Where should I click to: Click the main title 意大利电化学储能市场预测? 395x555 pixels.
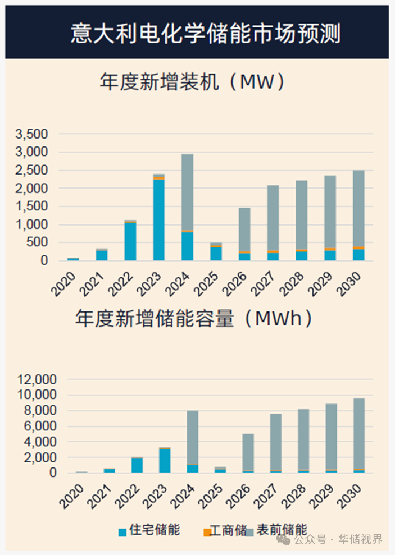(205, 33)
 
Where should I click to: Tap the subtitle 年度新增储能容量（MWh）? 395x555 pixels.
(194, 318)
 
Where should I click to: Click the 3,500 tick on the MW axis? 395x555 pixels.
(32, 134)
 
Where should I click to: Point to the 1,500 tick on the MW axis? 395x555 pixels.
(32, 207)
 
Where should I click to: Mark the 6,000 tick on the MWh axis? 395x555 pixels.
(40, 426)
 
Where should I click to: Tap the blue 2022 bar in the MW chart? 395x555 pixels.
(130, 241)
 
